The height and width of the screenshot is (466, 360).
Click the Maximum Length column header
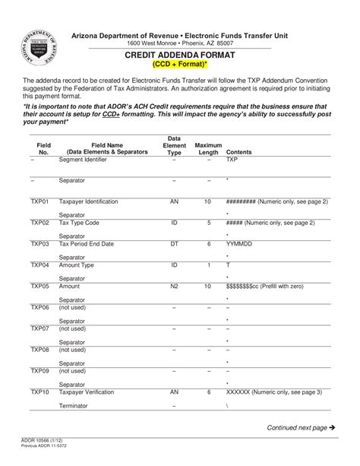pos(208,147)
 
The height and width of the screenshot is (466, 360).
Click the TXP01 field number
pos(39,201)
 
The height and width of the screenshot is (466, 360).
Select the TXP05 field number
pos(39,286)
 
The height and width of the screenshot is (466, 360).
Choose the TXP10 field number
pos(39,392)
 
